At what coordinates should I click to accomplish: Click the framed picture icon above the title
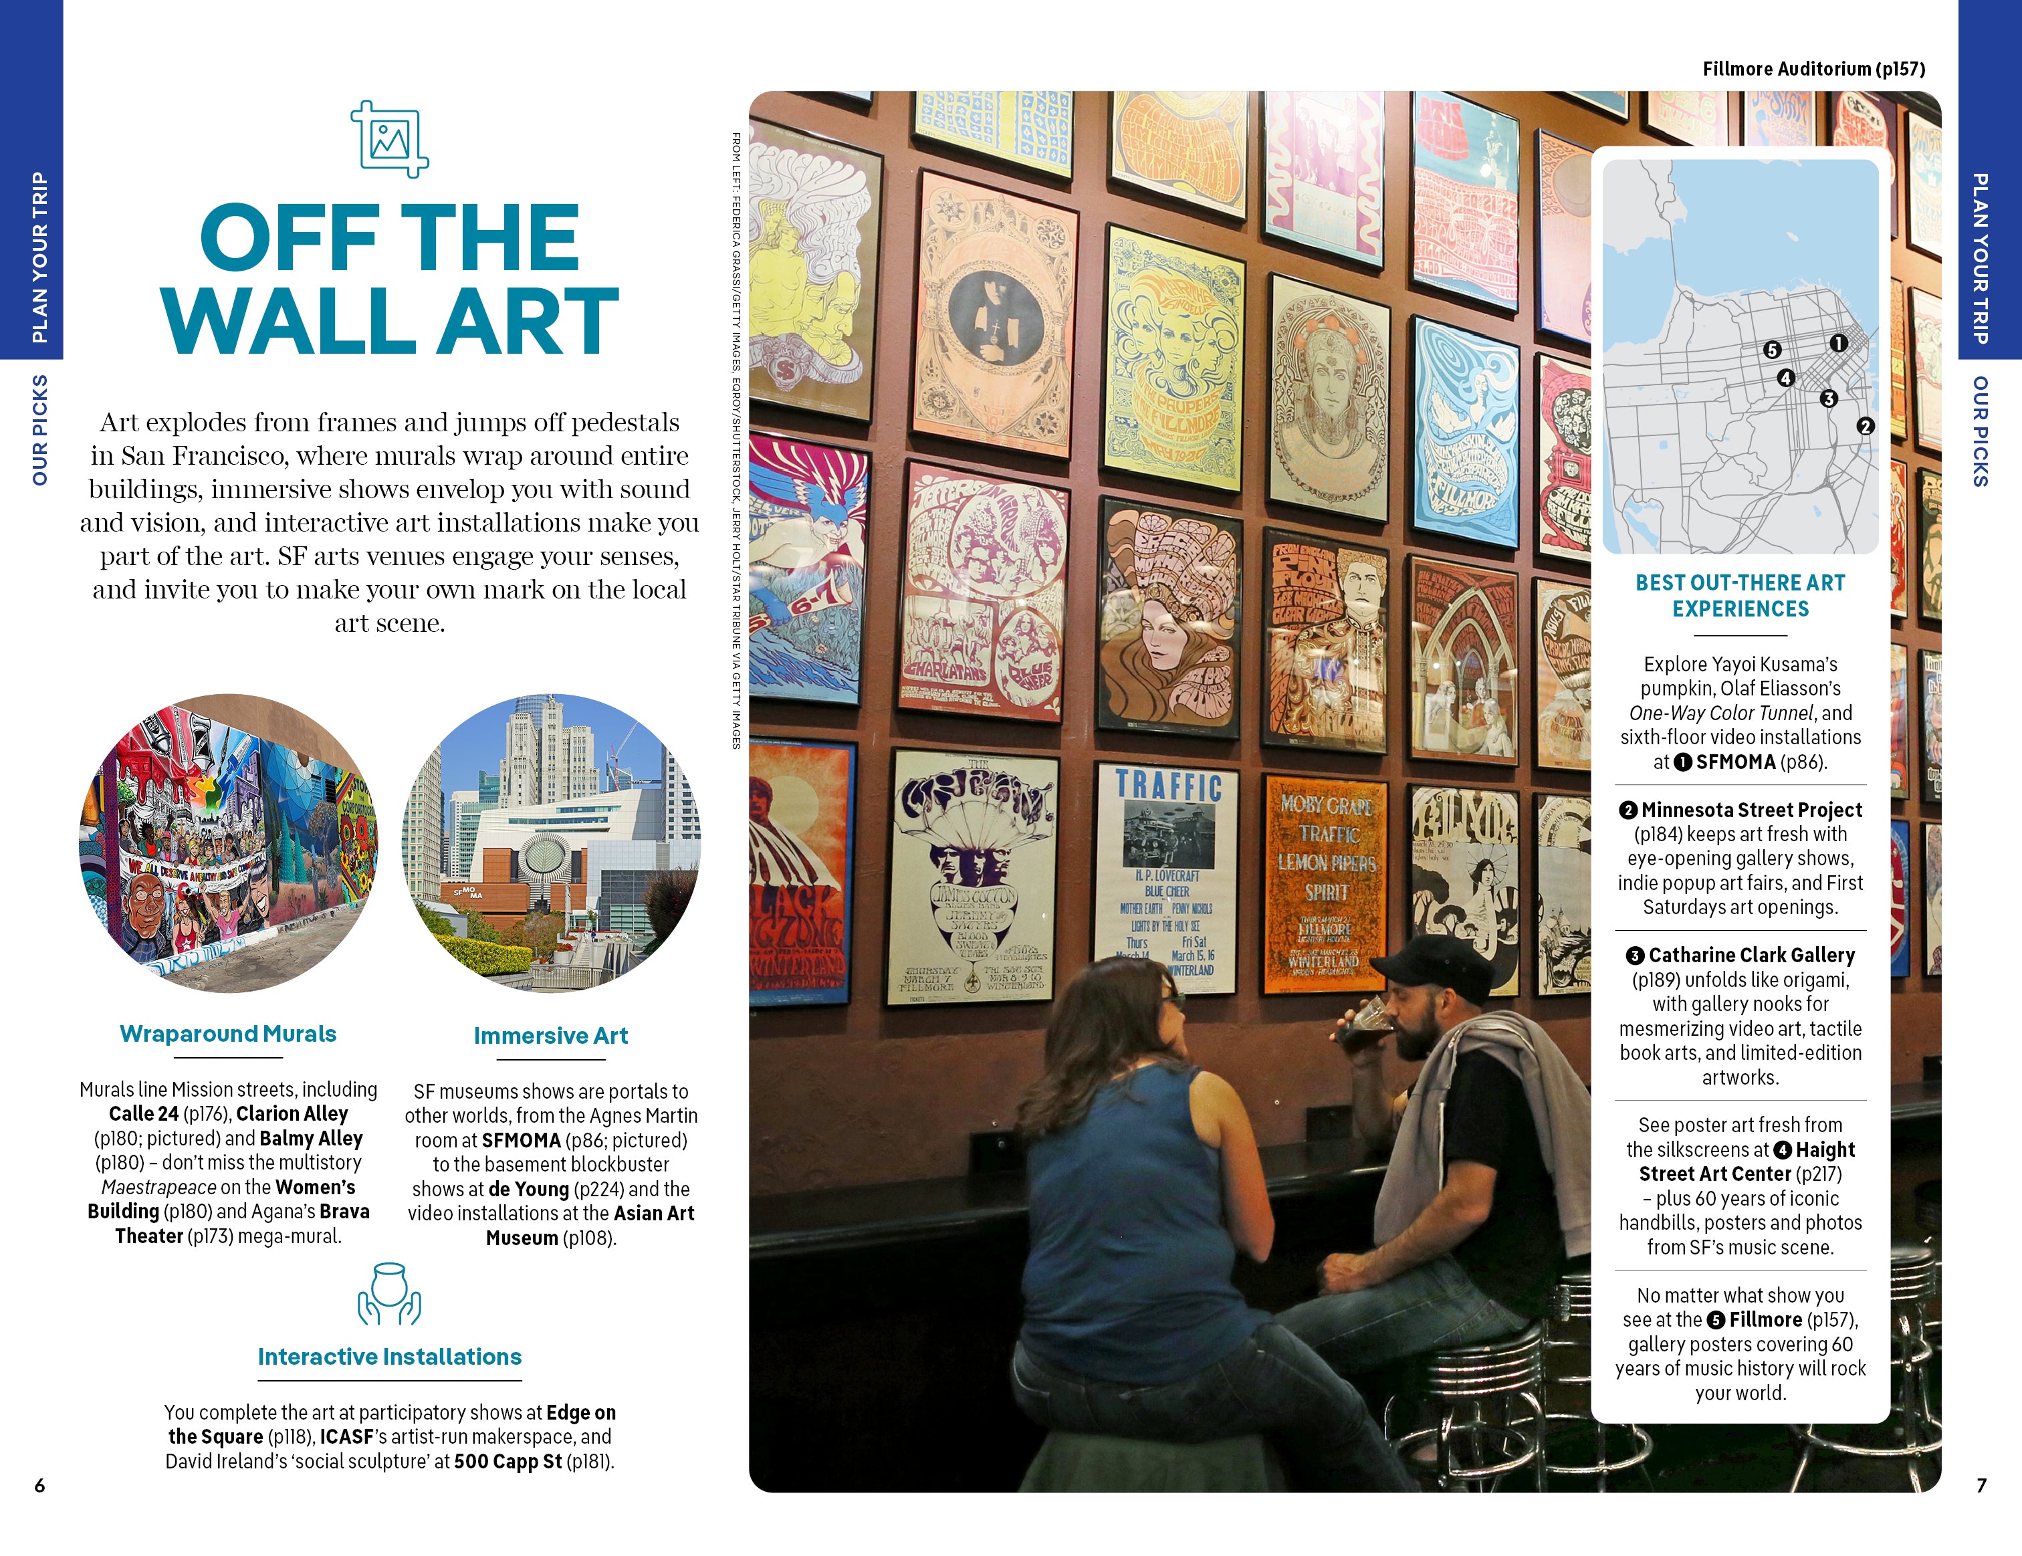tap(390, 139)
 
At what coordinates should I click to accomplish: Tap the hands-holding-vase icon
tap(390, 1293)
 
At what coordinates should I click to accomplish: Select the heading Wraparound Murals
tap(228, 1034)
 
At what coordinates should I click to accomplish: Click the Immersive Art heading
tap(551, 1036)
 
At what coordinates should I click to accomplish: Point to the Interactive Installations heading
tap(390, 1357)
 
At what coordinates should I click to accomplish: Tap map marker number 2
tap(1866, 426)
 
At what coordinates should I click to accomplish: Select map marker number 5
tap(1772, 350)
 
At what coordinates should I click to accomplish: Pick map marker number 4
tap(1786, 378)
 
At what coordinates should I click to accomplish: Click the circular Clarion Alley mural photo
tap(229, 843)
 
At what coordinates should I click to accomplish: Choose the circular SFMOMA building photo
tap(551, 843)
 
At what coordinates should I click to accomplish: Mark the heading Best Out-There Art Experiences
tap(1740, 595)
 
